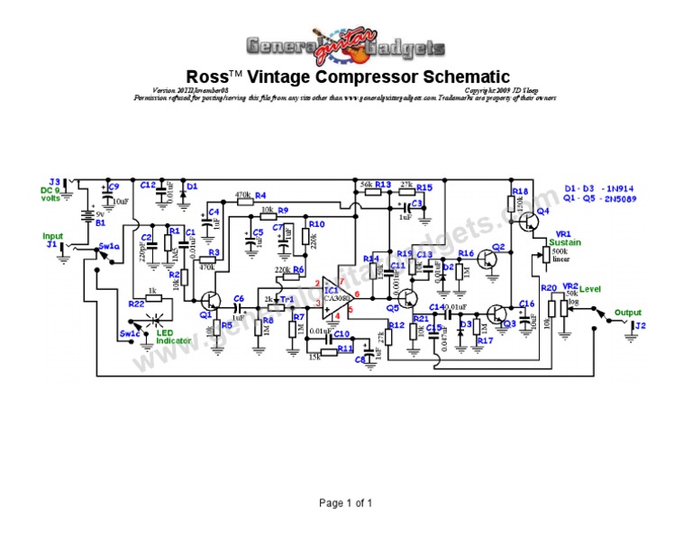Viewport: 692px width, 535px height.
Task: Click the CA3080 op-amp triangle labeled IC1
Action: click(333, 295)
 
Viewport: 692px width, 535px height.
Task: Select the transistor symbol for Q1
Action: click(210, 301)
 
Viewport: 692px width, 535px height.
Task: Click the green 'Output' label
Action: click(629, 313)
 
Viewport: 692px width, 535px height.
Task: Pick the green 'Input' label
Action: click(54, 236)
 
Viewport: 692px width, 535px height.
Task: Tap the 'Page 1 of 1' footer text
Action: click(346, 503)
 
